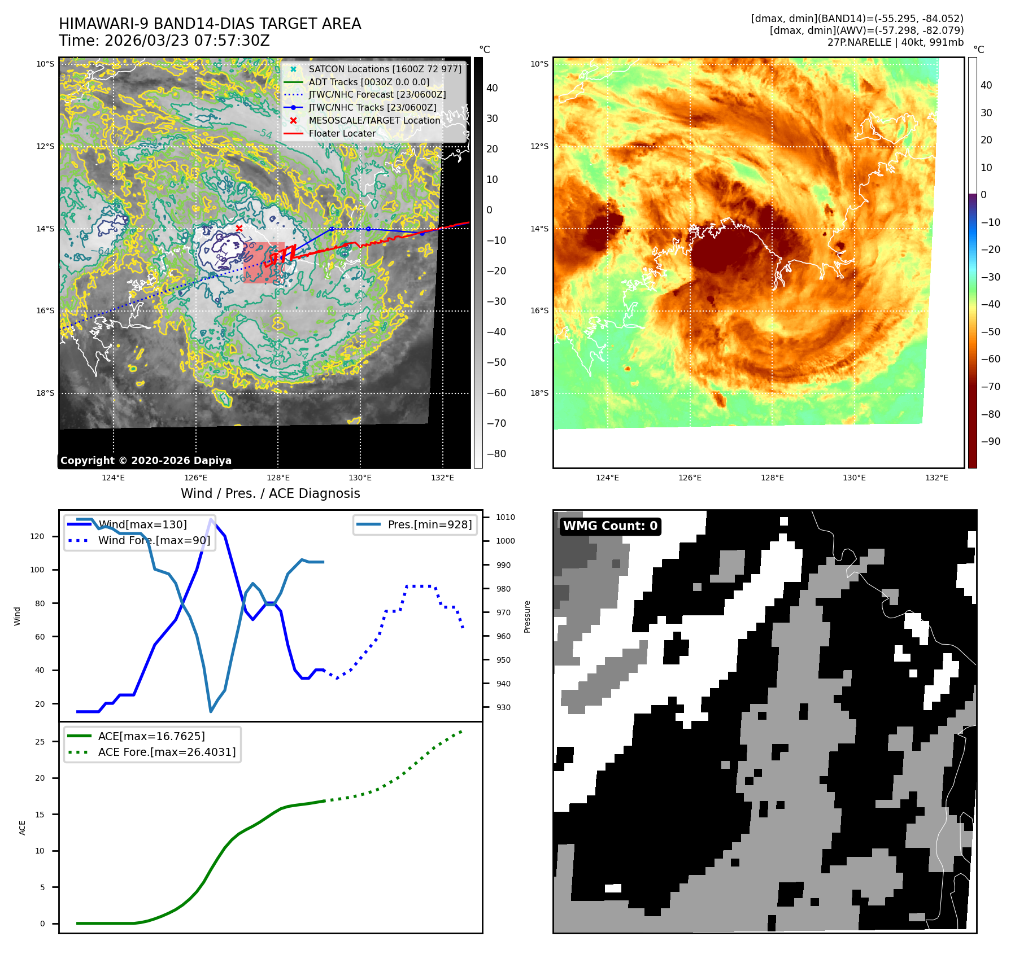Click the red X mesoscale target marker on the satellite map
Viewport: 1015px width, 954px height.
tap(239, 228)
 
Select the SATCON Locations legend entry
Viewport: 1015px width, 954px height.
tap(385, 69)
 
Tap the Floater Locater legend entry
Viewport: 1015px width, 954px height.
tap(342, 133)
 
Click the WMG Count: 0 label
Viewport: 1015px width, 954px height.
tap(610, 526)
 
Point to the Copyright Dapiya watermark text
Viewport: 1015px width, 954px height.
tap(146, 461)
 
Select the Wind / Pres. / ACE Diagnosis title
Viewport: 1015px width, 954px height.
tap(270, 493)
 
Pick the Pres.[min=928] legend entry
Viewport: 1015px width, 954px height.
tap(429, 524)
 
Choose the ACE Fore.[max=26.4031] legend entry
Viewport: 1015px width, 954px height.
tap(167, 752)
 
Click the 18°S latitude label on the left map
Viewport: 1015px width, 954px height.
tap(45, 393)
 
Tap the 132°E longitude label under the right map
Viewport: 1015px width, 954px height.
tap(936, 478)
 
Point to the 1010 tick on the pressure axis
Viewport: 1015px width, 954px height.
tap(505, 517)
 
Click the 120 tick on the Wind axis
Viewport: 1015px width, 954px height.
tap(37, 536)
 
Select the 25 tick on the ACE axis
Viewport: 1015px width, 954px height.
tap(40, 742)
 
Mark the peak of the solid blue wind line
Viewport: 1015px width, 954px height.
tap(211, 519)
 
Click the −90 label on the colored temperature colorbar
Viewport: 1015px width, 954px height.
tap(990, 441)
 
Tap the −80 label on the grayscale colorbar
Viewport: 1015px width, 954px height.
tap(496, 454)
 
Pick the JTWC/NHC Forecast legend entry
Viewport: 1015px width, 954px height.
tap(377, 94)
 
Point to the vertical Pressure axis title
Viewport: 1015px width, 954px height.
tap(527, 616)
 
